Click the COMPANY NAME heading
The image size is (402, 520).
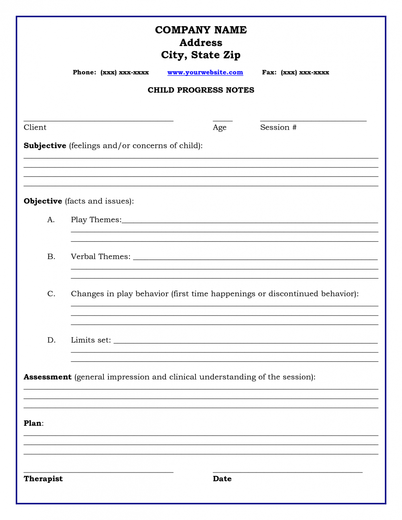[201, 30]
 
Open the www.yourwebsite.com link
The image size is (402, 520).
[205, 72]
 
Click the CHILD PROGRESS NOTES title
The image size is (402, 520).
[201, 90]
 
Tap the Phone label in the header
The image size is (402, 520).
[84, 72]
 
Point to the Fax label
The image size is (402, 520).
[269, 72]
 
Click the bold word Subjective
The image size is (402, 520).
[45, 146]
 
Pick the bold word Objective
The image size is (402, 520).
[43, 201]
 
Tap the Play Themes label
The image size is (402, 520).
[96, 220]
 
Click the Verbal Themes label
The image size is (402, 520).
[100, 257]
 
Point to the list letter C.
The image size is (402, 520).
[51, 294]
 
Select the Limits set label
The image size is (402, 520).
[91, 340]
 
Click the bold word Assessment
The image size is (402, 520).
[47, 377]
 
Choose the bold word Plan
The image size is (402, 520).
[33, 423]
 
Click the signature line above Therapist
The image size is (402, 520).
[98, 472]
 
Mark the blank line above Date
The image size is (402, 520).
[287, 472]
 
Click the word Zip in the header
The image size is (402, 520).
[232, 55]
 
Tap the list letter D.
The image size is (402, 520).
[51, 340]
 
